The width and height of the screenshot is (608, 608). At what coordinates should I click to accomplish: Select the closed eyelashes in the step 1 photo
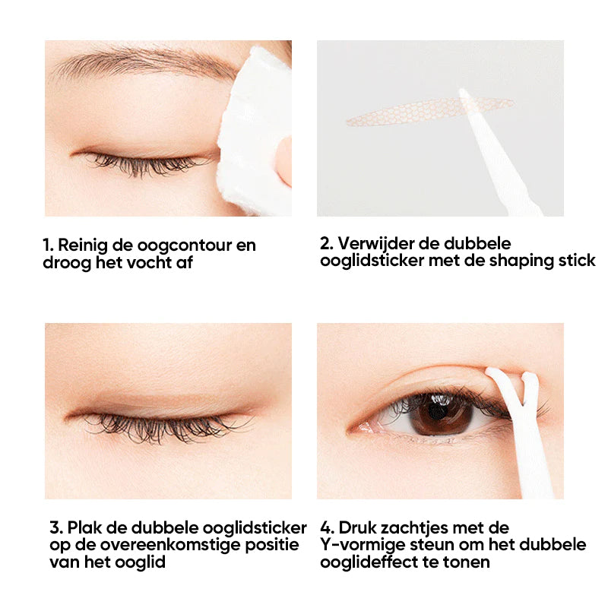[x=144, y=161]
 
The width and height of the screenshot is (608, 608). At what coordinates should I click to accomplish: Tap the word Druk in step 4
[x=353, y=527]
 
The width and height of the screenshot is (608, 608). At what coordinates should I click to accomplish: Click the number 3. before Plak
[x=55, y=527]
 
